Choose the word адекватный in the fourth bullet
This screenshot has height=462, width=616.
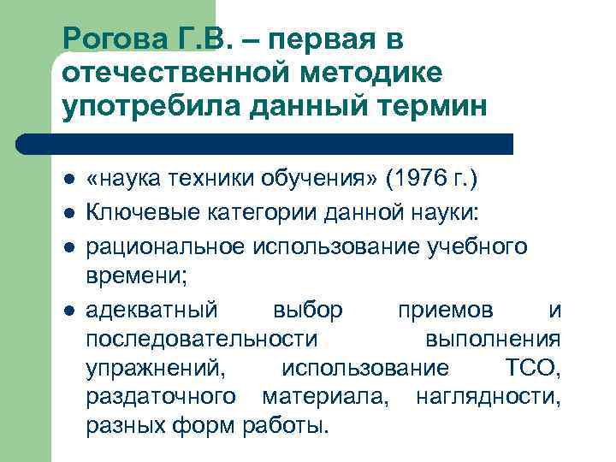(x=152, y=309)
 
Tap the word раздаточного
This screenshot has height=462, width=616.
(x=162, y=397)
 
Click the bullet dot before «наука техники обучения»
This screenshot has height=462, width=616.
(x=69, y=181)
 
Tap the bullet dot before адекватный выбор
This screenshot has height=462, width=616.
(x=69, y=310)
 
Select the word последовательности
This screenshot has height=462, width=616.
(x=202, y=339)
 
